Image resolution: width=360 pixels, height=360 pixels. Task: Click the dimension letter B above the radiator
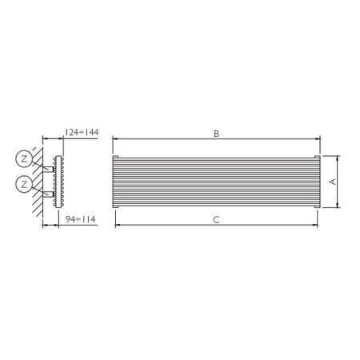click(216, 134)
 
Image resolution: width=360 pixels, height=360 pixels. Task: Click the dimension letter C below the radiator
click(216, 220)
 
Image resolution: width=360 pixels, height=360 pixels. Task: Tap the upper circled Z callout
click(25, 158)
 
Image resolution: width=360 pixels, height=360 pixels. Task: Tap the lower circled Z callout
click(25, 186)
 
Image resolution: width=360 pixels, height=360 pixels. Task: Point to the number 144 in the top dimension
click(90, 132)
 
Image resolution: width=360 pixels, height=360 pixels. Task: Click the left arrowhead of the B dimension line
click(113, 140)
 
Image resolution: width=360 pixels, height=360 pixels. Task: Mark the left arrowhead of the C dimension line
click(118, 226)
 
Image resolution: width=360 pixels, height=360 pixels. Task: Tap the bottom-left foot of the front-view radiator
click(117, 210)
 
